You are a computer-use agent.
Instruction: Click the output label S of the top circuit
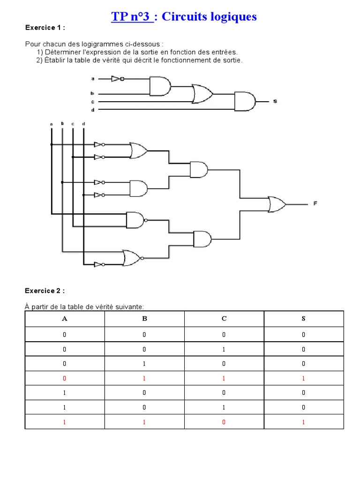(275, 101)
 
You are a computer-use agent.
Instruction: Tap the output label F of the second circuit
(315, 203)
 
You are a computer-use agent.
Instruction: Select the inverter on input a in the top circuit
(117, 79)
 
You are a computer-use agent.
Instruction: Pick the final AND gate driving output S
(245, 101)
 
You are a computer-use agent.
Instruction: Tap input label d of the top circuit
(92, 110)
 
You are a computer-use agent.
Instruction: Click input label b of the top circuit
(92, 94)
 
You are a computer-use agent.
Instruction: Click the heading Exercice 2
(45, 291)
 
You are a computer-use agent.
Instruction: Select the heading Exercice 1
(45, 28)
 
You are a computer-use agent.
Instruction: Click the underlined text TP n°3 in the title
(132, 17)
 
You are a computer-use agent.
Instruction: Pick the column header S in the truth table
(303, 319)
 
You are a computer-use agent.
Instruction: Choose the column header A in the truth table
(64, 319)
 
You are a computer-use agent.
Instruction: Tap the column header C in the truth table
(224, 319)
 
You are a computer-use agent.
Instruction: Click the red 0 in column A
(64, 378)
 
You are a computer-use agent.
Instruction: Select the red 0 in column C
(224, 422)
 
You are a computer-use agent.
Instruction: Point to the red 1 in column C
(224, 378)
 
